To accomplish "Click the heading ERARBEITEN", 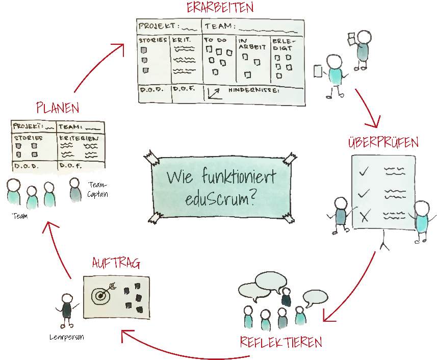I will coord(220,8).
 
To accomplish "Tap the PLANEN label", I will coord(58,108).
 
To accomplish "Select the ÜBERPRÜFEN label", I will coord(383,142).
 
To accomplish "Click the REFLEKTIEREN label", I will coord(281,342).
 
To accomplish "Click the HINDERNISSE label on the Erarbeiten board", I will coord(254,91).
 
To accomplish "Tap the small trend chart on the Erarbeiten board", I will coord(214,93).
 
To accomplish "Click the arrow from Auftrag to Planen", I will coord(57,250).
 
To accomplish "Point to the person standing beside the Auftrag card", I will coord(67,310).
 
